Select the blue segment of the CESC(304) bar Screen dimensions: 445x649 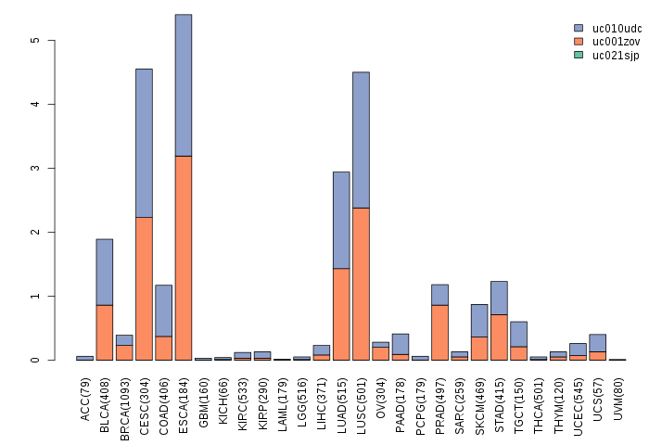click(x=144, y=143)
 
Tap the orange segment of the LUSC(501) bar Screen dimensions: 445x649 click(x=361, y=284)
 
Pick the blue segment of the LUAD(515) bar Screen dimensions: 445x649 click(x=341, y=220)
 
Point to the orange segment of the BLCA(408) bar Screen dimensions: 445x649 click(x=105, y=332)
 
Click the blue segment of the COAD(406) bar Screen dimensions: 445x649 click(x=163, y=311)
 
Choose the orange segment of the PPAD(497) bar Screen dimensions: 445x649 click(x=439, y=332)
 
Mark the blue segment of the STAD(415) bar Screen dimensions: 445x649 click(x=499, y=298)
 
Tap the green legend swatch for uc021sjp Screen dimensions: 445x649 click(x=579, y=56)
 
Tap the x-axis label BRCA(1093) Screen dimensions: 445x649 click(x=124, y=400)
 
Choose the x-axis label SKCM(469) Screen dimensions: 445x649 click(x=479, y=400)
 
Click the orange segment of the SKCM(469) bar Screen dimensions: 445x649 click(x=479, y=348)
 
